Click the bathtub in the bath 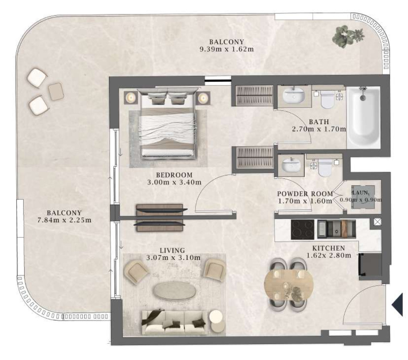point(363,118)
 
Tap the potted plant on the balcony point(347,37)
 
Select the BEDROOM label point(175,175)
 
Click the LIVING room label point(172,251)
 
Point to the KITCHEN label point(329,248)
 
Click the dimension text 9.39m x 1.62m point(227,49)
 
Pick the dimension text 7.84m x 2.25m point(64,220)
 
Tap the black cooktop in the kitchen point(302,230)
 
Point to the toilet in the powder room point(325,167)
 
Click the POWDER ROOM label point(305,194)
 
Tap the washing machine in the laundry point(363,197)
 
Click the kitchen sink point(336,229)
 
